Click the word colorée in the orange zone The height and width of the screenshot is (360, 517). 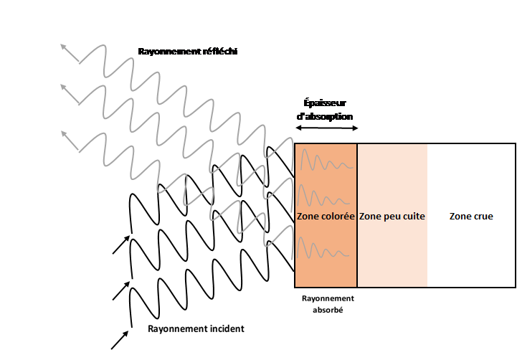[x=337, y=217]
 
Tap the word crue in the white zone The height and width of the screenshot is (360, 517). [x=483, y=217]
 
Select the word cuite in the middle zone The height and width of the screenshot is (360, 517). [x=412, y=217]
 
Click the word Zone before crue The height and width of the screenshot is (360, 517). [x=460, y=217]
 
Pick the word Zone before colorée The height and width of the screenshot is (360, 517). [x=307, y=217]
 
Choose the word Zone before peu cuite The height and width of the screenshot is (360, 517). [x=370, y=217]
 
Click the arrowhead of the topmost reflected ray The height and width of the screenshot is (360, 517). [x=65, y=49]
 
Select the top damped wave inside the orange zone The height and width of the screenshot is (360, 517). [x=325, y=162]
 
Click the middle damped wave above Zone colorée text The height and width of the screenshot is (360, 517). [x=325, y=195]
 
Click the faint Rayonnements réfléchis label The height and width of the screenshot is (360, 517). [x=189, y=52]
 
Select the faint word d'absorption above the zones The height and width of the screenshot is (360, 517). [x=326, y=115]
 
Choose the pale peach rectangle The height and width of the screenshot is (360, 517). [x=392, y=258]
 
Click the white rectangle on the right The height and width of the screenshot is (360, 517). [x=471, y=258]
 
